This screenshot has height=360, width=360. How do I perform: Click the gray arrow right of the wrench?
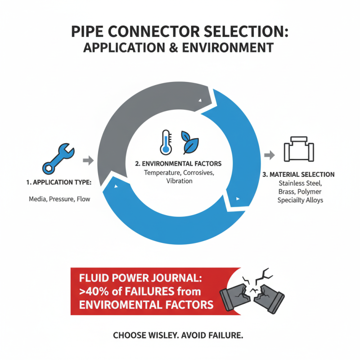88,160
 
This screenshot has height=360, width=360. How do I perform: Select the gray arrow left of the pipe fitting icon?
269,155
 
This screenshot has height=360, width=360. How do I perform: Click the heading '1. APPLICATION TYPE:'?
59,183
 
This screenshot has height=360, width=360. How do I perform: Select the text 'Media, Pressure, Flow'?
59,198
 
